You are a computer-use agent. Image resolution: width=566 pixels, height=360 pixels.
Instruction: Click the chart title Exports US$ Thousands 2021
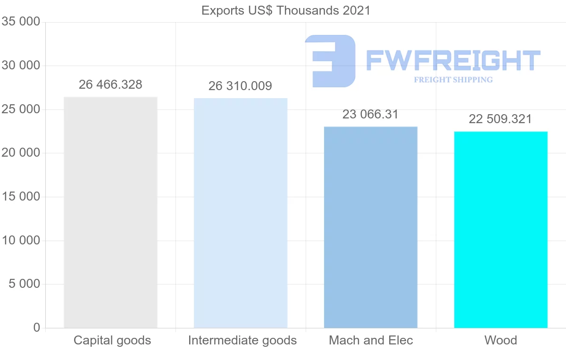click(286, 10)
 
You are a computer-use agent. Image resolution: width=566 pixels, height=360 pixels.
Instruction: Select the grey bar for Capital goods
click(110, 212)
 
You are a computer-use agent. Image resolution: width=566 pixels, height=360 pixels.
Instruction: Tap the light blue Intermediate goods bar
click(241, 213)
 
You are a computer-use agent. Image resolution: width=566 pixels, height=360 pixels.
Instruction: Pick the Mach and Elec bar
click(371, 227)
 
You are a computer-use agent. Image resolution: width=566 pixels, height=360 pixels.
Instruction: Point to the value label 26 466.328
click(110, 85)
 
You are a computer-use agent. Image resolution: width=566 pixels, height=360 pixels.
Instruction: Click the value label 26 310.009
click(241, 86)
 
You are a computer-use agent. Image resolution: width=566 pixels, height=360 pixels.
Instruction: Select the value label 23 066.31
click(371, 115)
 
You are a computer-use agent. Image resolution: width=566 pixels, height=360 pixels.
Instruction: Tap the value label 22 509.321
click(500, 119)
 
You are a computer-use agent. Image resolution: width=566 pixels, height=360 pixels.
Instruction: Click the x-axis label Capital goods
click(112, 340)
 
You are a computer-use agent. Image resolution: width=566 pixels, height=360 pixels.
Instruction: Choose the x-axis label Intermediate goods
click(242, 340)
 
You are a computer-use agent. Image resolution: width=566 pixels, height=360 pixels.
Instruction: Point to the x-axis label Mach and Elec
click(371, 340)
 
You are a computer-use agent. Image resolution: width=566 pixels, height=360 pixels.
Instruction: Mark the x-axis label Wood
click(501, 340)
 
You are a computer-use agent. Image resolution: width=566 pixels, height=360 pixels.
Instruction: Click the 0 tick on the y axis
click(37, 327)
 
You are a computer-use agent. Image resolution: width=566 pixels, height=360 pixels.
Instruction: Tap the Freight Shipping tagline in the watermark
click(453, 80)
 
